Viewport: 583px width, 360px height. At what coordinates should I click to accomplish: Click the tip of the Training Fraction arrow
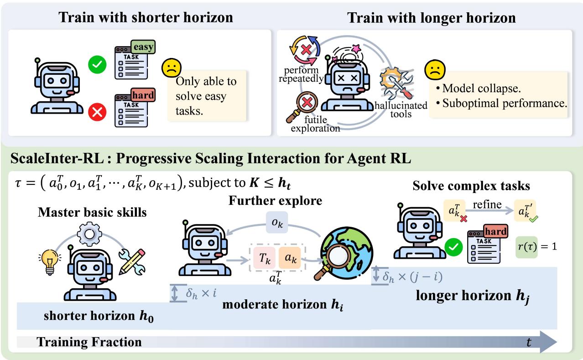click(x=557, y=342)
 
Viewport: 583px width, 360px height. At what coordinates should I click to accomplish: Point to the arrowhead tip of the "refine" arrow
click(x=513, y=210)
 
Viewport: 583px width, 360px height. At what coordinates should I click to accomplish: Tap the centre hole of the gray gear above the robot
click(x=89, y=234)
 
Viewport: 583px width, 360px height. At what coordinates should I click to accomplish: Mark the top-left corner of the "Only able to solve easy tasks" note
click(x=168, y=71)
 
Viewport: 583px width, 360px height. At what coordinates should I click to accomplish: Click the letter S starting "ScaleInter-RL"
click(x=15, y=158)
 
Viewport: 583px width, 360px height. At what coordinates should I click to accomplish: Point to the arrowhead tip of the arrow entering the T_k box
click(x=248, y=260)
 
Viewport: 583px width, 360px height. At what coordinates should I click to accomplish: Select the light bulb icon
click(x=50, y=261)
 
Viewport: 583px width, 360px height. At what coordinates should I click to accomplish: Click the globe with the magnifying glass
click(x=344, y=254)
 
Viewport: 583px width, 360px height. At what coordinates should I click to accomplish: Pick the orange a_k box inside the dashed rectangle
click(x=290, y=258)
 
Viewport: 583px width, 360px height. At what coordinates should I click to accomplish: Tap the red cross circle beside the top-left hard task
click(x=97, y=112)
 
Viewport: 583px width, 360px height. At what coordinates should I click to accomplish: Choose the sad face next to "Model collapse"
click(x=435, y=70)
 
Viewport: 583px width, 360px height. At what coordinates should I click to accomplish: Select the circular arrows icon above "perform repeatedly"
click(x=305, y=50)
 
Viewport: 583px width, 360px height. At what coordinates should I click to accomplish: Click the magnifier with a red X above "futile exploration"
click(x=303, y=106)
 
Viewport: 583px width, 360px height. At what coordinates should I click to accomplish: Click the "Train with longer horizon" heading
click(x=431, y=18)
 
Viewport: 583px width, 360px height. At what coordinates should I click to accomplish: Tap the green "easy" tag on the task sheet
click(x=143, y=47)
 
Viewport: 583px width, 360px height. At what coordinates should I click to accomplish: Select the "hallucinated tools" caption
click(x=401, y=110)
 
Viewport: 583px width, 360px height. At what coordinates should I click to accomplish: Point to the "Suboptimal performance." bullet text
click(x=502, y=103)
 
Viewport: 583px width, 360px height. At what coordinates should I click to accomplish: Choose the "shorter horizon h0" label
click(x=99, y=316)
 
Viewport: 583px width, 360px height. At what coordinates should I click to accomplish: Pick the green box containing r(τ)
click(x=526, y=247)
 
